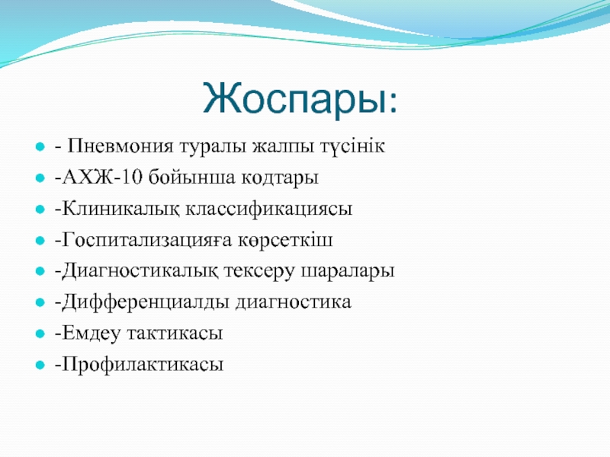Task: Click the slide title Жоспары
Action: [300, 99]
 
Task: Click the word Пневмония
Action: [120, 146]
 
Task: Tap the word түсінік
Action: [352, 147]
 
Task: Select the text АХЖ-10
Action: [102, 177]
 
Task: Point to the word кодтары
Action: [280, 178]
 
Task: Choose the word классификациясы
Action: [269, 209]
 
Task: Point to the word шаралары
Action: [348, 272]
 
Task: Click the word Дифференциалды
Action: [146, 302]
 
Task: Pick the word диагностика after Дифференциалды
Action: [293, 302]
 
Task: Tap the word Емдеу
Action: [91, 334]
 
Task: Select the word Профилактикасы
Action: [143, 365]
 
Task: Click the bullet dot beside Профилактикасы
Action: [40, 365]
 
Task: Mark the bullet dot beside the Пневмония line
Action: [40, 147]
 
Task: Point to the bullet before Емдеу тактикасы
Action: [40, 334]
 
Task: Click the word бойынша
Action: [192, 177]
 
